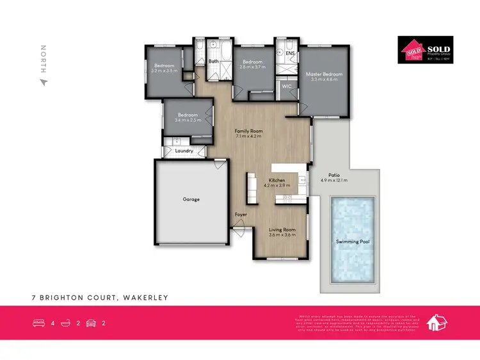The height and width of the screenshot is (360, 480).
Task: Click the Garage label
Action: pos(191,199)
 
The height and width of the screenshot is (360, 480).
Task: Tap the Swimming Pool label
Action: pos(353,241)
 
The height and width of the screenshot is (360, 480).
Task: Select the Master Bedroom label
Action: pos(323,74)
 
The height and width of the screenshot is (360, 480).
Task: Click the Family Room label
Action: pos(249,131)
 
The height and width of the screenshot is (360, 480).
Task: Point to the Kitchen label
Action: pos(276,181)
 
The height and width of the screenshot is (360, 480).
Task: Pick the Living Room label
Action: pos(282,229)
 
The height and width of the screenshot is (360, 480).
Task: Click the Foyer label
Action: pos(241,214)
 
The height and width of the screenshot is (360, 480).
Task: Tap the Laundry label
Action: pos(184,151)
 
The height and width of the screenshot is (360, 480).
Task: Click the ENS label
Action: pos(290,53)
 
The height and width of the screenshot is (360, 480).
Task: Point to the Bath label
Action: pos(214,61)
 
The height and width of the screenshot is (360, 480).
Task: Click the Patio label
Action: pos(333,175)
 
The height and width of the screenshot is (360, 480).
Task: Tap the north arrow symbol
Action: pos(44,82)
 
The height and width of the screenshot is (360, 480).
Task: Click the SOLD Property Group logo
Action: pos(425,50)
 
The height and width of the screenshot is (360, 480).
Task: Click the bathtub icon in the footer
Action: pos(65,323)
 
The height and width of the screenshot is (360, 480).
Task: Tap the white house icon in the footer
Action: pos(436,322)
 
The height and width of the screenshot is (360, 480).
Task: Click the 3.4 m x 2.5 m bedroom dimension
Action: pos(188,120)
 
